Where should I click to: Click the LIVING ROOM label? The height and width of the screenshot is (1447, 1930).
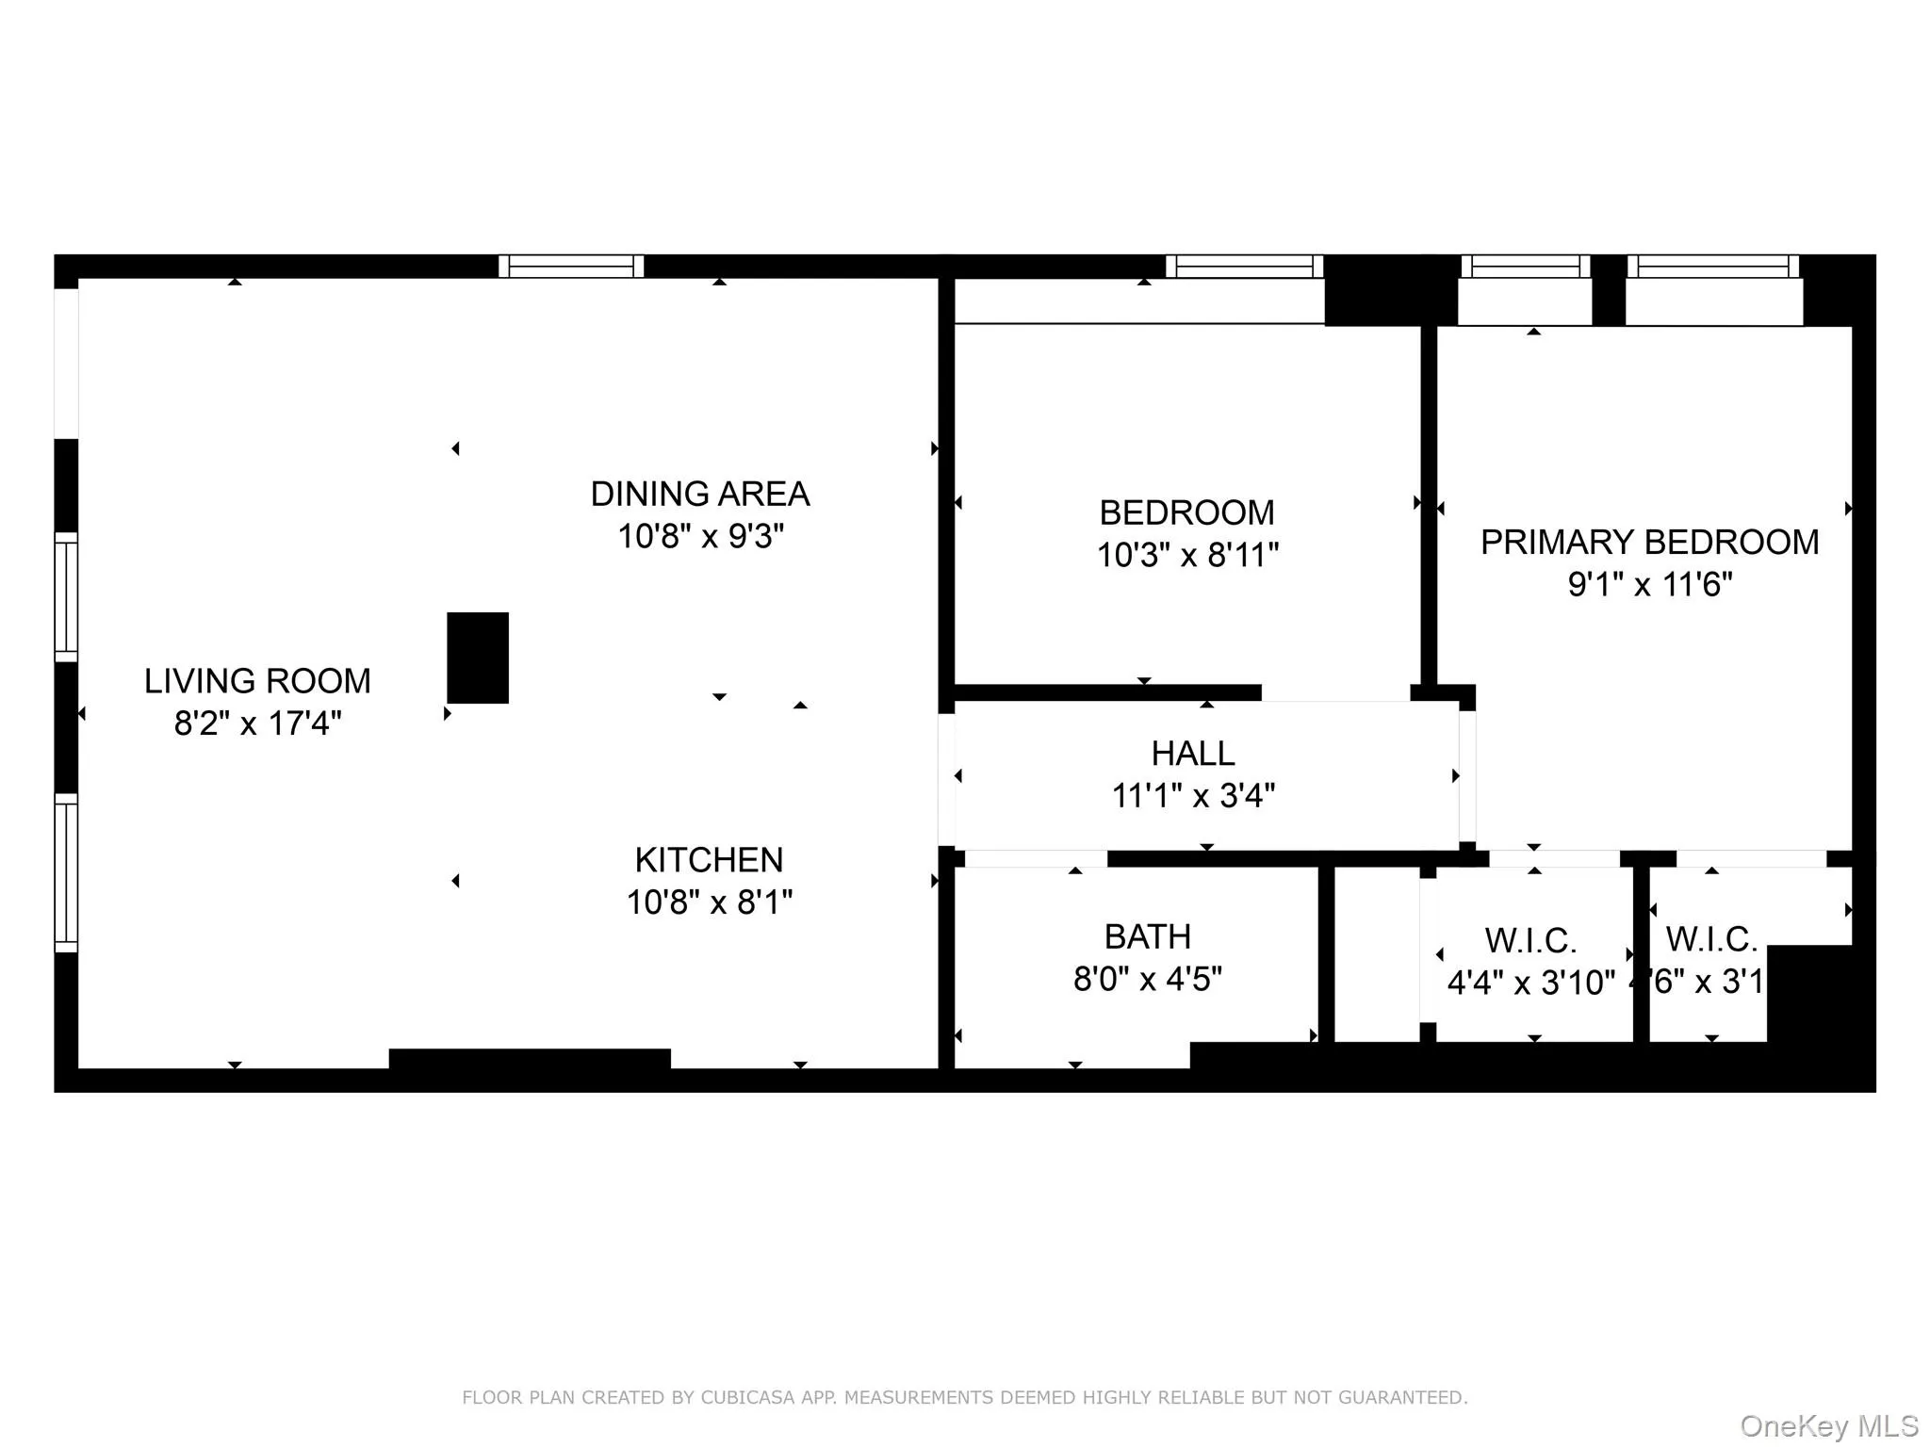click(x=257, y=681)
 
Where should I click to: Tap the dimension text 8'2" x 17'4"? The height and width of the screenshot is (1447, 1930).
click(x=257, y=723)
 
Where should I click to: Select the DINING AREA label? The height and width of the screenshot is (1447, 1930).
click(x=699, y=494)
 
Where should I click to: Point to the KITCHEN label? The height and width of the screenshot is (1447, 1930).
click(x=709, y=860)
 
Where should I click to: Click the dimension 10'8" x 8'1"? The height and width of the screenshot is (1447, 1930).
click(x=709, y=902)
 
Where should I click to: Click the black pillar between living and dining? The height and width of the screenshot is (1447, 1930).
click(x=478, y=658)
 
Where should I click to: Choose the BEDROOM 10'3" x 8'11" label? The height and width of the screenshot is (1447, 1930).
click(x=1186, y=513)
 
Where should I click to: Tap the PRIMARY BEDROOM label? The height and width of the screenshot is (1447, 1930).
click(x=1649, y=543)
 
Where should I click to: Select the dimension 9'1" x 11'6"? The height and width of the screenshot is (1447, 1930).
click(x=1649, y=585)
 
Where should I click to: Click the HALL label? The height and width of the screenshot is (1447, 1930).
click(x=1192, y=754)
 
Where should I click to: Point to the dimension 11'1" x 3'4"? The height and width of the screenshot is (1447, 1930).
click(x=1192, y=796)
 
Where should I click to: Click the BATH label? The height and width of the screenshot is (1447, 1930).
click(x=1147, y=936)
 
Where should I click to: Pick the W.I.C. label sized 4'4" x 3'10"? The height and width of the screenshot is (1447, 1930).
click(x=1530, y=940)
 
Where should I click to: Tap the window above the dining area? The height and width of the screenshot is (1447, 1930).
click(x=571, y=267)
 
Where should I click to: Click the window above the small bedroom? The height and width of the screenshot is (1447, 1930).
click(x=1244, y=267)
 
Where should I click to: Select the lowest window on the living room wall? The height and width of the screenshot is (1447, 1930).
click(x=66, y=872)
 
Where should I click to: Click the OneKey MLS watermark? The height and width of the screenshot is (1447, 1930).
click(x=1828, y=1425)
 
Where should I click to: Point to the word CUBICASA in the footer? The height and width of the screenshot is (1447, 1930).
click(x=746, y=1398)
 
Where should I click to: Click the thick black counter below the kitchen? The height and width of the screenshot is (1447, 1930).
click(x=530, y=1059)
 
